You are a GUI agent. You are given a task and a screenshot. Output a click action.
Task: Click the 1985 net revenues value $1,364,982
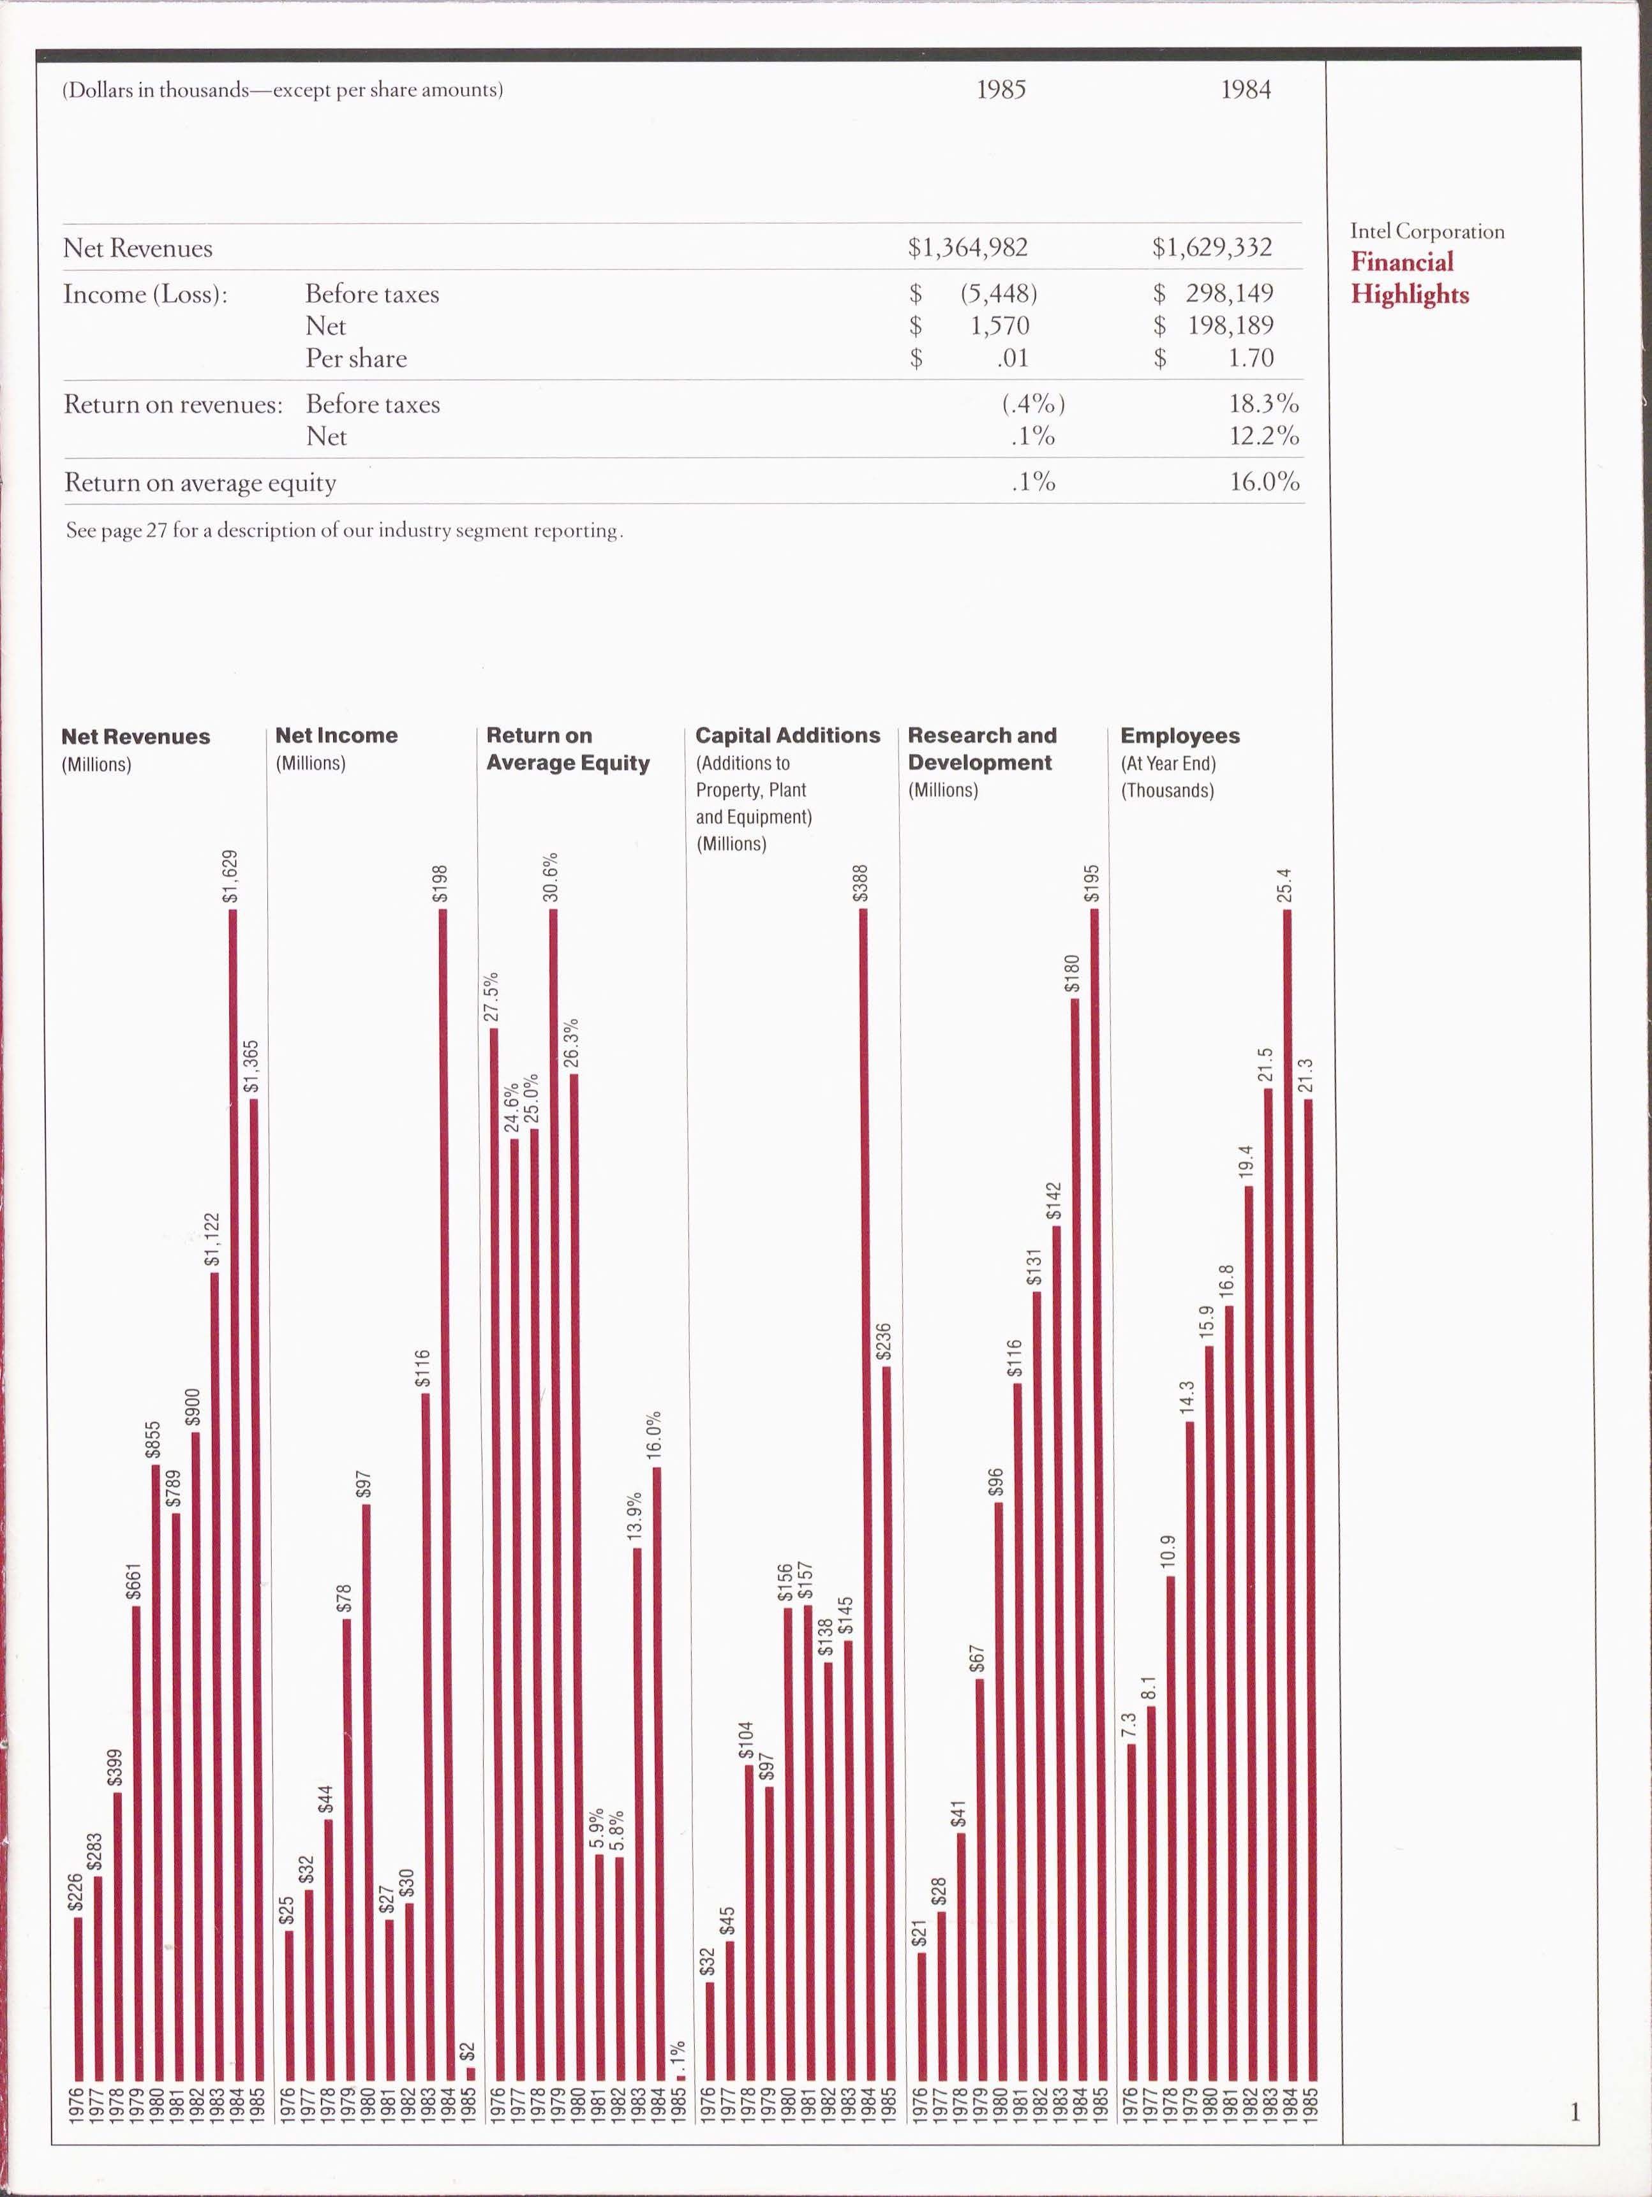click(967, 248)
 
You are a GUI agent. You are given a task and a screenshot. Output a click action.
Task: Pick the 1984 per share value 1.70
click(1249, 359)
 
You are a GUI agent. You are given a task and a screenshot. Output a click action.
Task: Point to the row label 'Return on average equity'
click(200, 484)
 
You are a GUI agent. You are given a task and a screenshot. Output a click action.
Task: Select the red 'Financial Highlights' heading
click(1409, 278)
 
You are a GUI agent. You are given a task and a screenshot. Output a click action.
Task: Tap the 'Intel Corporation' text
click(1427, 232)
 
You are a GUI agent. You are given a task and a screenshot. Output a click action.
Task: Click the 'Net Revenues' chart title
click(135, 737)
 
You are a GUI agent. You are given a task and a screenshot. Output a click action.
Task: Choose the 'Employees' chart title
click(1179, 736)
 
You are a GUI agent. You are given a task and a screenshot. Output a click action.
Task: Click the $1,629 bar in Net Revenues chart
click(234, 1490)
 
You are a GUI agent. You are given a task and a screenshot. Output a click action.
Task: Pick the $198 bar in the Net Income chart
click(443, 1490)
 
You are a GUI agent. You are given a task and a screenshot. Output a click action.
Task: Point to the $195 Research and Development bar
click(1094, 1490)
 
